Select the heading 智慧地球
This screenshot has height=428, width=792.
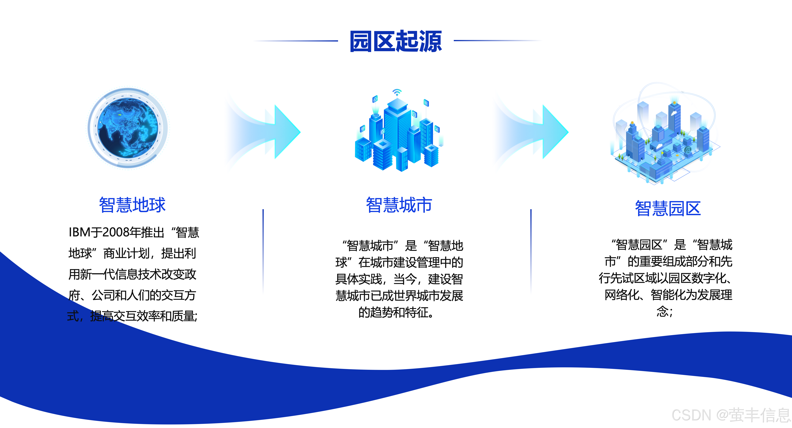click(x=132, y=205)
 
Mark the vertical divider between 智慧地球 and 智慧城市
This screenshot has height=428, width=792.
click(x=263, y=250)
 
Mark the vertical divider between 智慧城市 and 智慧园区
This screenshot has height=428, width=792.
click(x=531, y=250)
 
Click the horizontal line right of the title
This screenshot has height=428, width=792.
click(x=497, y=40)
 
